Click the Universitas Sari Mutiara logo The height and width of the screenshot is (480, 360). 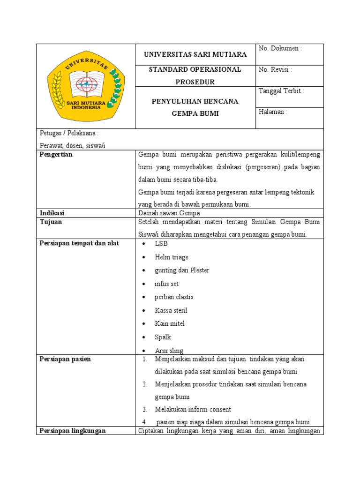point(86,86)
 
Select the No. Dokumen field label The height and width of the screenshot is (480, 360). point(280,48)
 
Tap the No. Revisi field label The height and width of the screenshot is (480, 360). point(276,70)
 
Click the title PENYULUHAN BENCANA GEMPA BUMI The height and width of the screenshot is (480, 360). point(195,107)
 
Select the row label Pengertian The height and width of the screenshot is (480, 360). point(56,155)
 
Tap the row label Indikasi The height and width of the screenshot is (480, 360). point(52,213)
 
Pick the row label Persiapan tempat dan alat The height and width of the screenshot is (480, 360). point(79,243)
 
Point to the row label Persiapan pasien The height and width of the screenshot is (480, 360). point(65,359)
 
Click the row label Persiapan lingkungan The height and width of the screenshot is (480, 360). point(73,431)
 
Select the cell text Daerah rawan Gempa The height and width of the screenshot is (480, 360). point(170,213)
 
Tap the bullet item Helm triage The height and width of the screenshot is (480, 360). point(172,257)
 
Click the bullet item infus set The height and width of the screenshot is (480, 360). point(166,284)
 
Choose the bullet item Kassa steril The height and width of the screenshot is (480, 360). point(171,310)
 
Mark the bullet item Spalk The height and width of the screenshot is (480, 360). point(163,337)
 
